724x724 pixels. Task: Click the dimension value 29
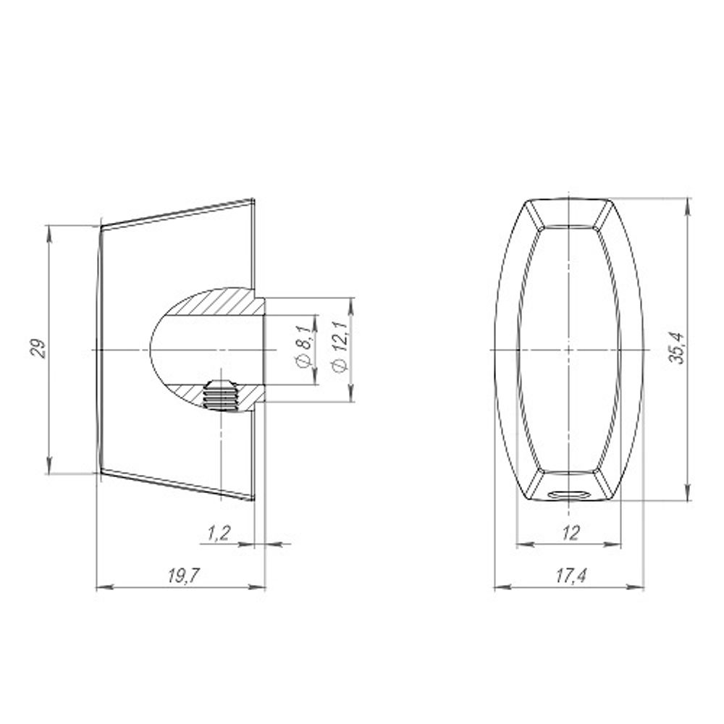(x=39, y=349)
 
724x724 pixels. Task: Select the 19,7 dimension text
(x=183, y=576)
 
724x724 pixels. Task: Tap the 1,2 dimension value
(x=218, y=534)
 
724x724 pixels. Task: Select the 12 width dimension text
(x=571, y=534)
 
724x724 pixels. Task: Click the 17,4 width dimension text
(x=571, y=576)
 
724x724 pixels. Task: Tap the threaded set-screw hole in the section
(x=220, y=395)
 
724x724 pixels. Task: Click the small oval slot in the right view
(x=568, y=495)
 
